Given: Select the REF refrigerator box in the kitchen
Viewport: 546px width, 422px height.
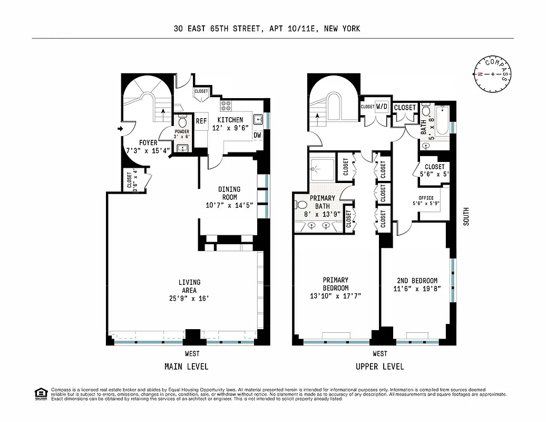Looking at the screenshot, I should click(201, 121).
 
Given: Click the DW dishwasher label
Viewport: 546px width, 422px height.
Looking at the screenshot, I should click(257, 135).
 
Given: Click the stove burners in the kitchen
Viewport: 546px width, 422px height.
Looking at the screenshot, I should click(226, 104).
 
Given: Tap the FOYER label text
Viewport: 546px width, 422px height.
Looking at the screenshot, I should click(148, 142).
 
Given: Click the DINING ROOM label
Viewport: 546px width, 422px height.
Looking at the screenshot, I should click(229, 193).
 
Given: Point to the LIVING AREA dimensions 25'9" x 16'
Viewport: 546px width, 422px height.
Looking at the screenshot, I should click(189, 298).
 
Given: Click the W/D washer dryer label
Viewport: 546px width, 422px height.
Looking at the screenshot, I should click(382, 107).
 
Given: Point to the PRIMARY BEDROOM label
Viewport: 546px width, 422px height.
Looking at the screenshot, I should click(336, 284).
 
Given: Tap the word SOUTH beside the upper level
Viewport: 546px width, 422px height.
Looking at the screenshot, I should click(465, 216).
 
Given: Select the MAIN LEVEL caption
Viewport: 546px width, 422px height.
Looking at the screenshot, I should click(186, 366).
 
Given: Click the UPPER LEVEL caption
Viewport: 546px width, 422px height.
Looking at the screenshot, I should click(379, 366).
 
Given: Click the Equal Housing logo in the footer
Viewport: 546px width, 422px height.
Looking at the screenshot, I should click(40, 393).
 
